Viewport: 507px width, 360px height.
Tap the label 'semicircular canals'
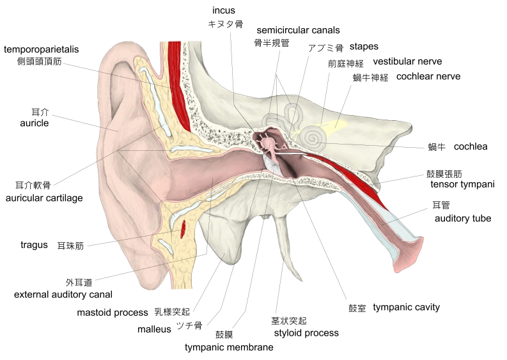298,30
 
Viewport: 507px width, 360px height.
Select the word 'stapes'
364,47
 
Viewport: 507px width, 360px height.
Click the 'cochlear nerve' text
428,77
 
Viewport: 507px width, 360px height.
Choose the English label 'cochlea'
471,146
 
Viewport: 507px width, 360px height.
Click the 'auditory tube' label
463,218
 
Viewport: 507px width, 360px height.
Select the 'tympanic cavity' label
406,307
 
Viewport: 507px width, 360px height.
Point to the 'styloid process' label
306,333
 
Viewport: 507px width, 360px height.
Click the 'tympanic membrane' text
229,347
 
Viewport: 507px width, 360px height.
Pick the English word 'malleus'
154,329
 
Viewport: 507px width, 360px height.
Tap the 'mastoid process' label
113,313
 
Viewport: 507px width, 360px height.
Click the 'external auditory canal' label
63,294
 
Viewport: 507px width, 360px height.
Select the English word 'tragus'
34,245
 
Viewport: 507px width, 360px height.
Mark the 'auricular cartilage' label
44,198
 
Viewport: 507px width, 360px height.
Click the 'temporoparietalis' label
51,49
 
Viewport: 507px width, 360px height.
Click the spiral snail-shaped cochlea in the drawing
313,136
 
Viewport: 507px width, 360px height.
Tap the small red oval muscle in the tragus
184,226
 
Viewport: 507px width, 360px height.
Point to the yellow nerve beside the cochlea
334,127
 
